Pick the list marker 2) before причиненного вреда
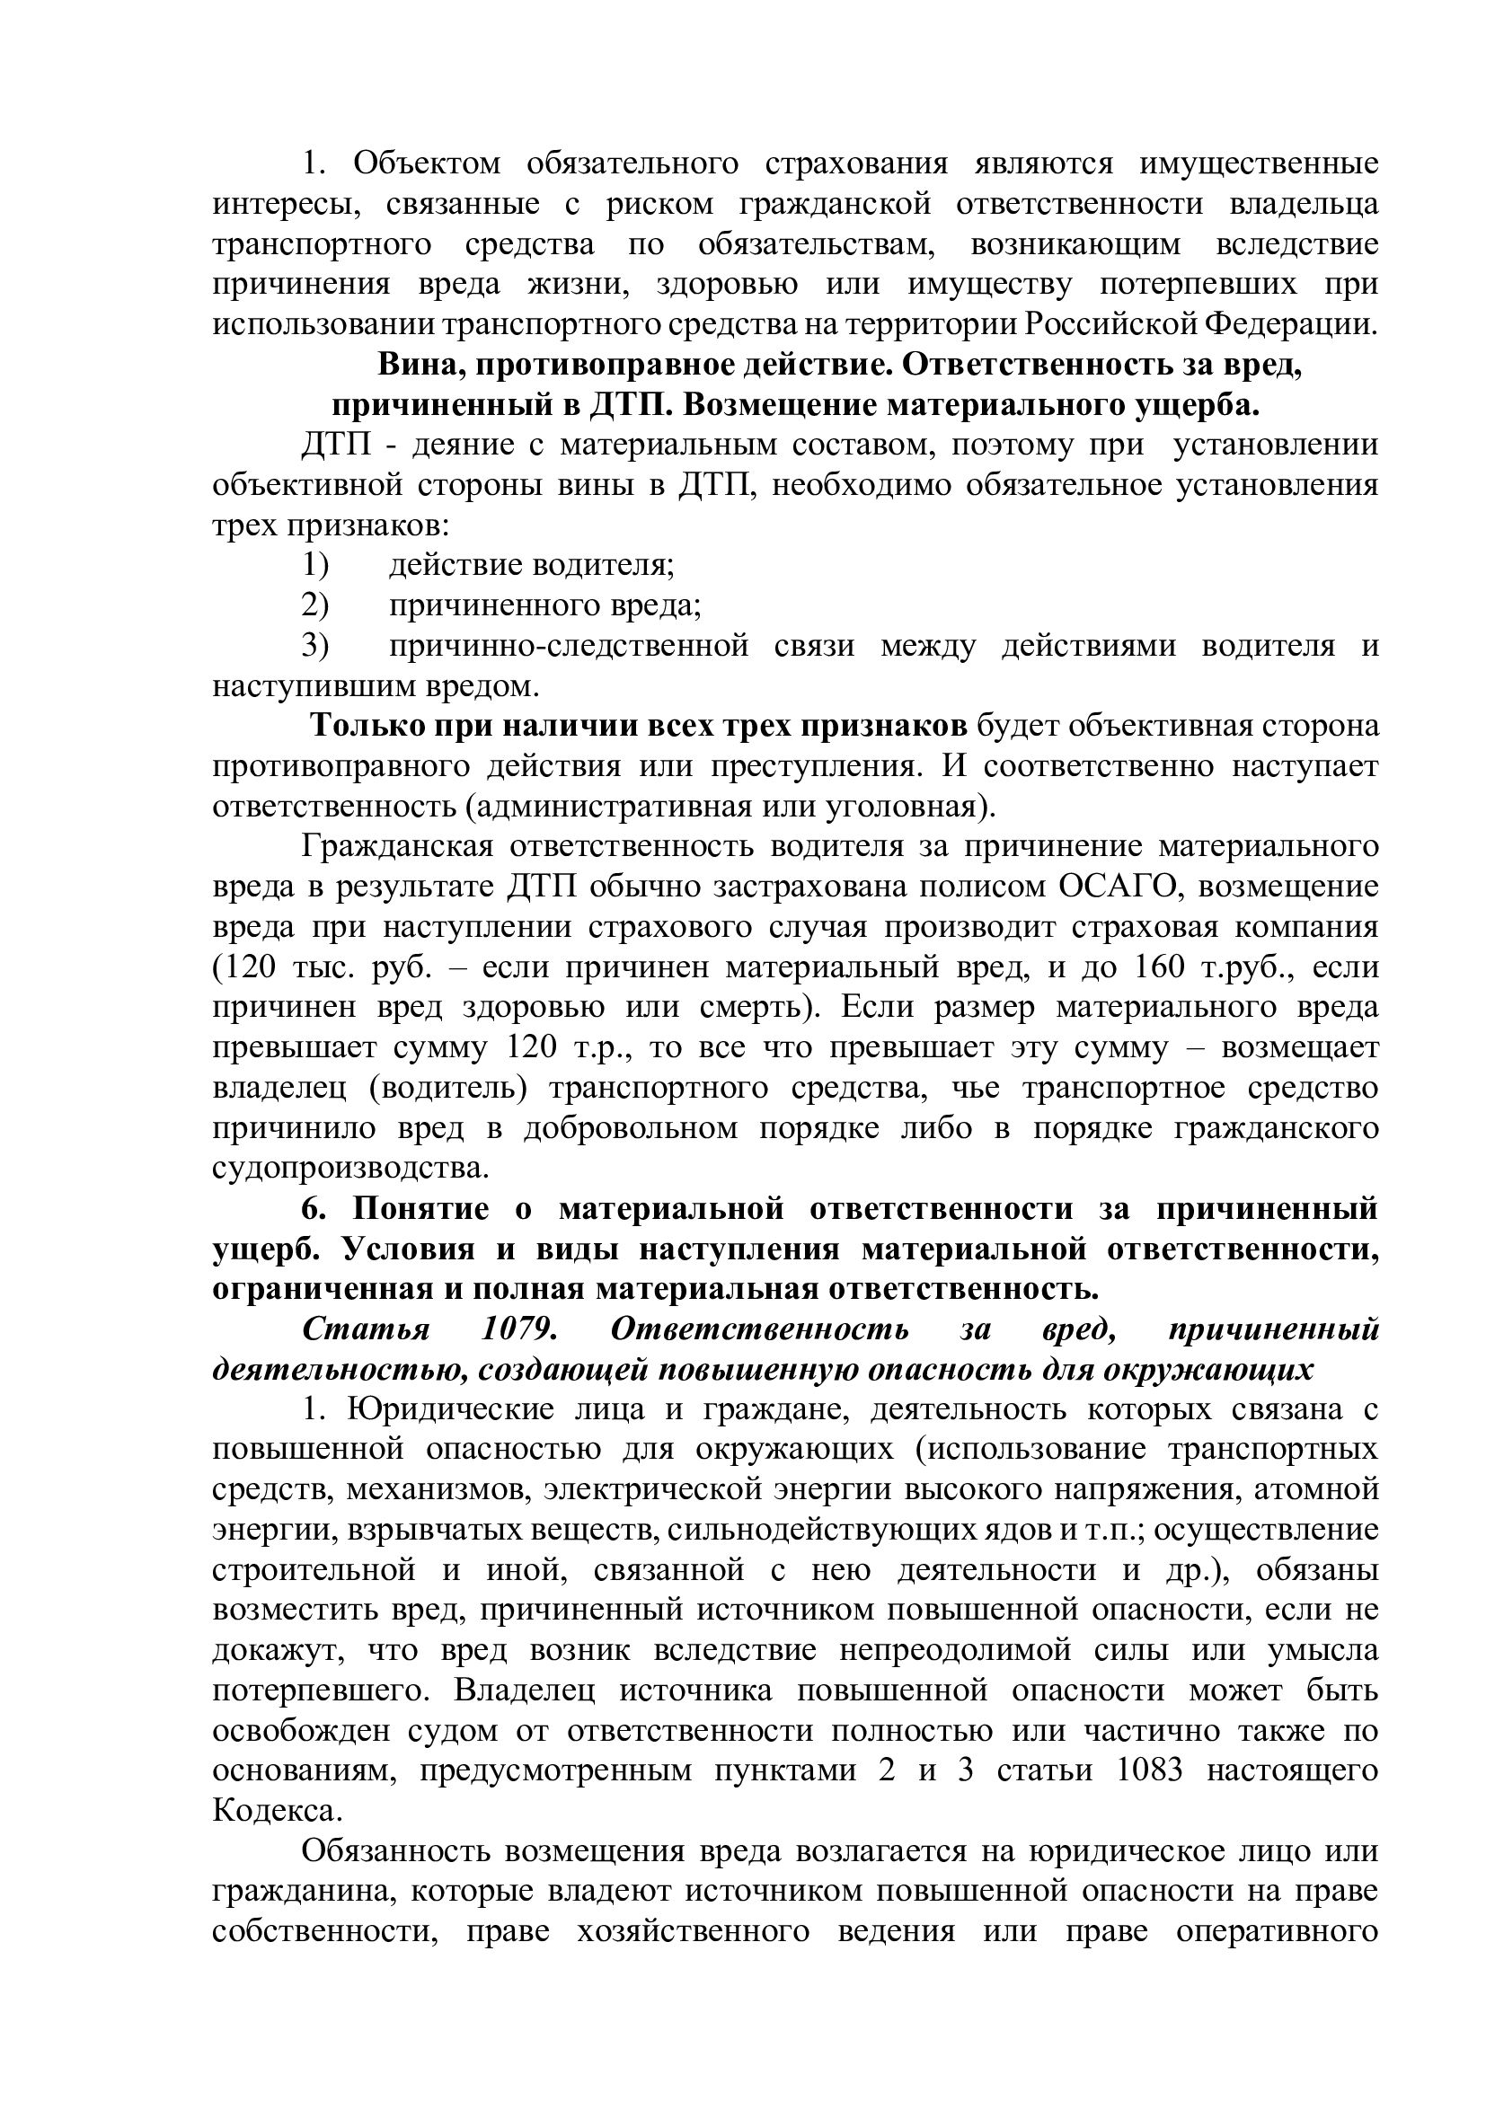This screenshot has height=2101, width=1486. coord(315,605)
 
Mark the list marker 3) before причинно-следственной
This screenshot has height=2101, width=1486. coord(315,645)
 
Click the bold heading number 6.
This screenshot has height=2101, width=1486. coord(314,1209)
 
